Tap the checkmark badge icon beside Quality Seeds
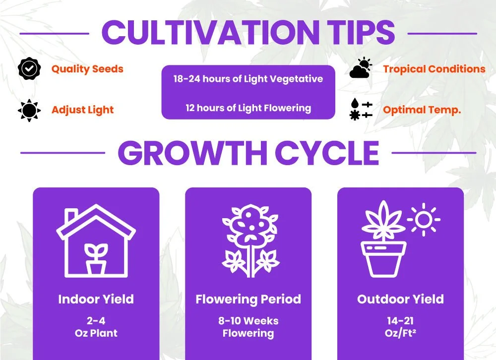tap(29, 69)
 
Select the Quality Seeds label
tap(87, 69)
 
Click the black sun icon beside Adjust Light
tap(29, 110)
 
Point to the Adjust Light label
tap(82, 110)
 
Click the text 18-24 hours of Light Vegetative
tap(248, 79)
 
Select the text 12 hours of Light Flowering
tap(248, 108)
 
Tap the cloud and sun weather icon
tap(361, 68)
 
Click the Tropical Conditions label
tap(434, 69)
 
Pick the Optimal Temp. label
tap(422, 110)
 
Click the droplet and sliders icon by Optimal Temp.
tap(361, 110)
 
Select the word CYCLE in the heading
tap(327, 153)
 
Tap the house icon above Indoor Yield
tap(96, 240)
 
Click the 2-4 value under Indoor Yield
tap(96, 321)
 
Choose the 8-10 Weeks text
tap(248, 321)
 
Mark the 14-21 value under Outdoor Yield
tap(400, 321)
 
